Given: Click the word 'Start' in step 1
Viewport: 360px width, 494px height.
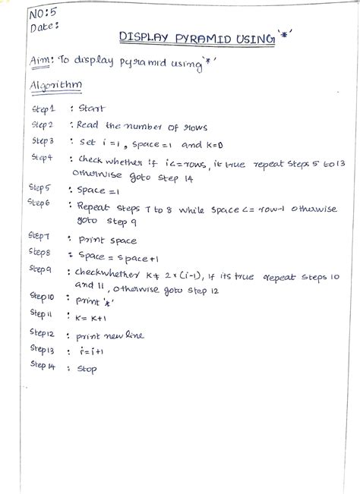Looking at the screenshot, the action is tap(92, 109).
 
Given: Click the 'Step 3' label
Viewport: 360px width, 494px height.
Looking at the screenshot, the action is tap(43, 141).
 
